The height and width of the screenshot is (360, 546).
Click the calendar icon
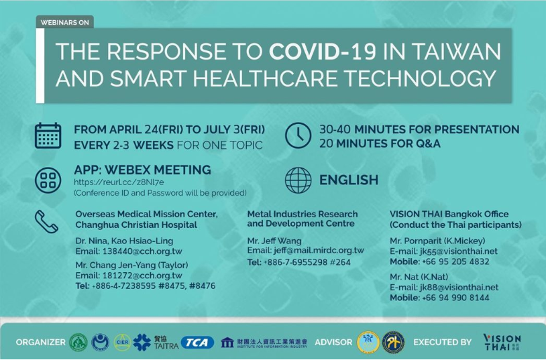(x=48, y=136)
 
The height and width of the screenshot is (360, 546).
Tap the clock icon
(x=298, y=135)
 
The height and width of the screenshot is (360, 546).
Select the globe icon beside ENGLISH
(x=298, y=180)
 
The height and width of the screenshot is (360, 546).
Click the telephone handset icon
(x=46, y=221)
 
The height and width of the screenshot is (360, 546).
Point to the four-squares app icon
(x=48, y=180)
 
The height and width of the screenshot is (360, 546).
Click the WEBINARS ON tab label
(x=65, y=22)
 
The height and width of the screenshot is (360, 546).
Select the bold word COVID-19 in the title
(x=323, y=52)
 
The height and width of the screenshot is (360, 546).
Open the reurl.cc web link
(x=119, y=182)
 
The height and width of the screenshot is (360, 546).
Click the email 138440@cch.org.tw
(x=142, y=251)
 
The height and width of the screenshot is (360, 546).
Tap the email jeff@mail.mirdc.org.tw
(x=319, y=250)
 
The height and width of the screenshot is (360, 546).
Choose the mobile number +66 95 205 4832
(x=455, y=261)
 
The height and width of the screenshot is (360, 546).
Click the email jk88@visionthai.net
(x=459, y=287)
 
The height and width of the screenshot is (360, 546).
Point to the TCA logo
(x=197, y=343)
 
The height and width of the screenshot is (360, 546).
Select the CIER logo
(x=123, y=343)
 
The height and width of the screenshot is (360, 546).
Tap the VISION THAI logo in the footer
(x=502, y=342)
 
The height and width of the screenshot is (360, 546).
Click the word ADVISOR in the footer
(x=333, y=343)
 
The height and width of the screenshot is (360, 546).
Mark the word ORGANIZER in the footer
(x=40, y=343)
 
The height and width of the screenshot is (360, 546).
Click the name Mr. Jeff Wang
(x=274, y=241)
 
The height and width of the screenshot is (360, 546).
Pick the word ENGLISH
(x=349, y=180)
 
